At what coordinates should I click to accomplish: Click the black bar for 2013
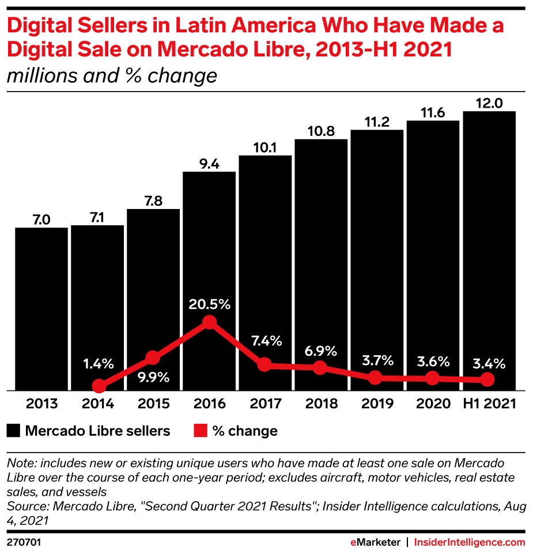[x=41, y=308]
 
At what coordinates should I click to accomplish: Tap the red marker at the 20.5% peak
[x=209, y=322]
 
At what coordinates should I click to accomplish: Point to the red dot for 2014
[x=99, y=386]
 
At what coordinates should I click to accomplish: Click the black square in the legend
[x=14, y=431]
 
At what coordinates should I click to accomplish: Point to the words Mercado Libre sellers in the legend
[x=97, y=431]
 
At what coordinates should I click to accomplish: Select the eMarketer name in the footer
[x=375, y=542]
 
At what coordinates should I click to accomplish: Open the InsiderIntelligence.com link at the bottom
[x=470, y=542]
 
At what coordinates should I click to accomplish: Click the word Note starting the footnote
[x=19, y=463]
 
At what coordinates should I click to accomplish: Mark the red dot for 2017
[x=264, y=364]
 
